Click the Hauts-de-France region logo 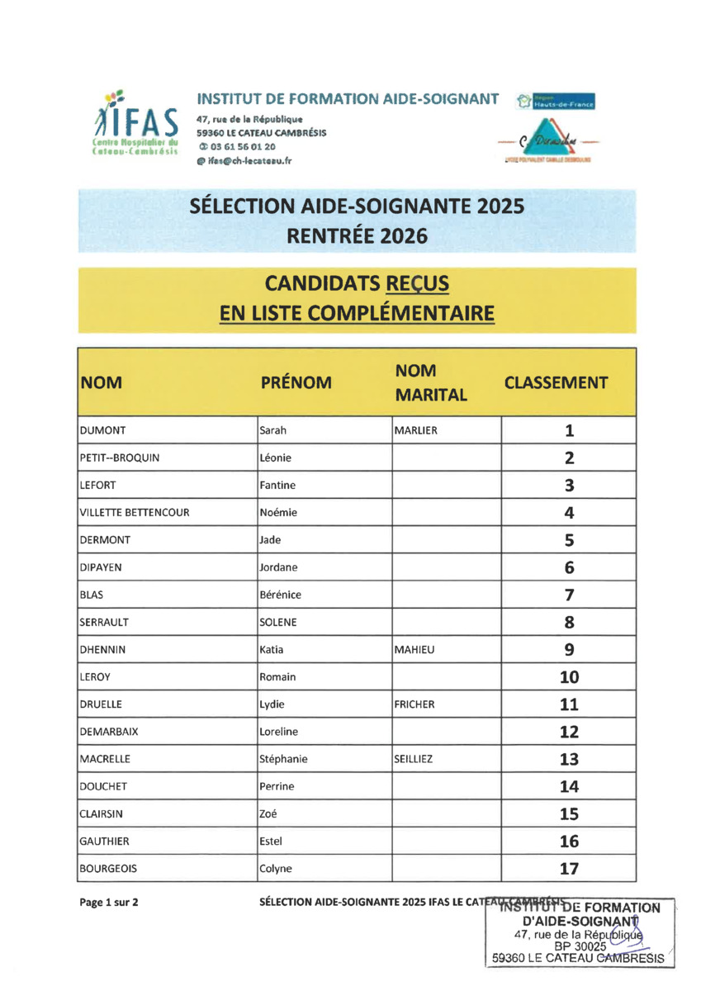tap(556, 102)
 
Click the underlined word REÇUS tap(417, 283)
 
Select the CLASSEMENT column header tap(556, 382)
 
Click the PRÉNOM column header tap(296, 382)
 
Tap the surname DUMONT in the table tap(102, 430)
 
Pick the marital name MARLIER tap(415, 430)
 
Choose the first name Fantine tap(277, 485)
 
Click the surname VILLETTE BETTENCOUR tap(134, 513)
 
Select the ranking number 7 tap(569, 595)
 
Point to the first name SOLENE tap(278, 622)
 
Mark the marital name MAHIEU tap(414, 650)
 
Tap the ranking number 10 tap(569, 677)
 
